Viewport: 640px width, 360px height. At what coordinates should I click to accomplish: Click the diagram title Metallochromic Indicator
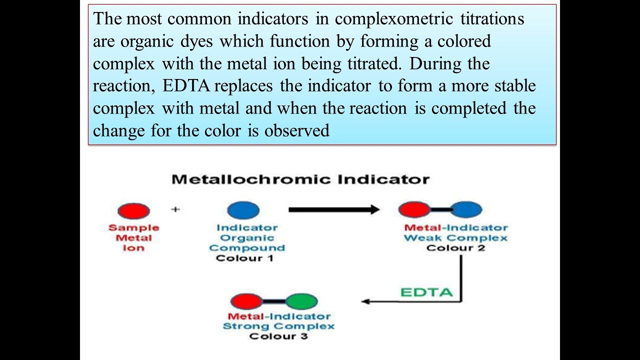(300, 179)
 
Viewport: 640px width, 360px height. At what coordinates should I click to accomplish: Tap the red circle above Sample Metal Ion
(133, 210)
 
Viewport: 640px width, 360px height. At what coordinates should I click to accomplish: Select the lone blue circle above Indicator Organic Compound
(243, 210)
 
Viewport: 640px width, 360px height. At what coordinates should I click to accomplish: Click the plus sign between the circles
(175, 209)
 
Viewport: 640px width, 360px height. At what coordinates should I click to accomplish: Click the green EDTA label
(426, 292)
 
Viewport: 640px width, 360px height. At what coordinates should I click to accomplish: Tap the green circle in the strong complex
(301, 301)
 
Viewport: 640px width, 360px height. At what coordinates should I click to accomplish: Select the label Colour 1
(244, 258)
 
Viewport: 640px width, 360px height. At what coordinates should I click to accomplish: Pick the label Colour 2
(455, 247)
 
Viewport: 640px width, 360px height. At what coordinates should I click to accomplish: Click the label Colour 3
(278, 336)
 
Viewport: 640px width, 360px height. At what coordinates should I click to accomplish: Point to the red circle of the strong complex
(246, 301)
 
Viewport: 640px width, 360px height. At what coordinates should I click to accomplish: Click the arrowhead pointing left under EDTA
(365, 301)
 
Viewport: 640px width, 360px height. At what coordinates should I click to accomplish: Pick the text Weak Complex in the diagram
(455, 237)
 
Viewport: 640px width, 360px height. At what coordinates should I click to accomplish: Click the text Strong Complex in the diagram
(278, 326)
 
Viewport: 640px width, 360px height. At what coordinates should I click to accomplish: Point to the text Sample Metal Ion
(133, 237)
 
